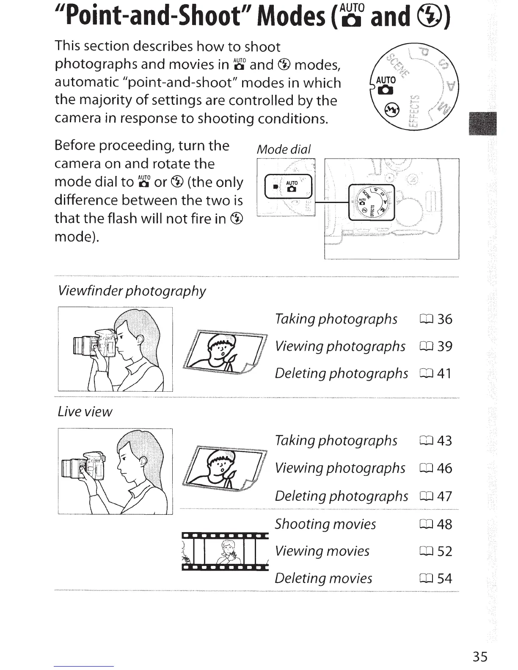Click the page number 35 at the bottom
[x=480, y=656]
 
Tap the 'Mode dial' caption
[x=284, y=149]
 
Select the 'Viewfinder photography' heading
[x=132, y=291]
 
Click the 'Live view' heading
[x=85, y=412]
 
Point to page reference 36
[x=444, y=319]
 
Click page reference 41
[x=444, y=373]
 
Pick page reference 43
[x=444, y=441]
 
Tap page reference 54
[x=444, y=578]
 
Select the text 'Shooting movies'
[x=325, y=524]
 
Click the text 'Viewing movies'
[x=322, y=551]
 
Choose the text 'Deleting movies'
[x=323, y=578]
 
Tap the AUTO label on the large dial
[x=386, y=80]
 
